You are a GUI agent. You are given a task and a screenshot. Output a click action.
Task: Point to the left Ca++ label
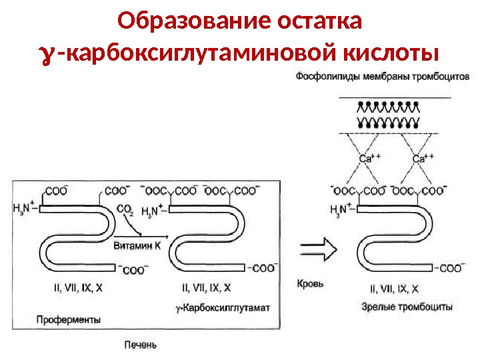point(369,159)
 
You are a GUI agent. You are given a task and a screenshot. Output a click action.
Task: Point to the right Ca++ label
point(423,159)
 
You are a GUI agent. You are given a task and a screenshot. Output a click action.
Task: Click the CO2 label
point(125,210)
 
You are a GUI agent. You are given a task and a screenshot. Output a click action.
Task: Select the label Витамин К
point(137,245)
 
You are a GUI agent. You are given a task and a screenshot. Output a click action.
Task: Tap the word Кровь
point(310,283)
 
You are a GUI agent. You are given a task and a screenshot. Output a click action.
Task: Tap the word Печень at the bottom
point(141,345)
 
